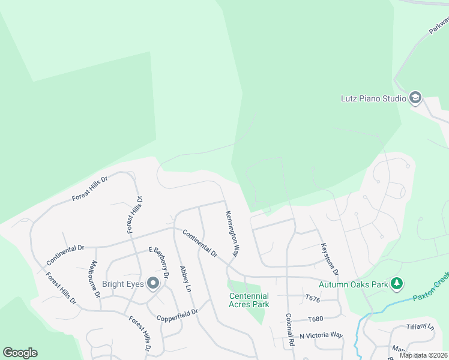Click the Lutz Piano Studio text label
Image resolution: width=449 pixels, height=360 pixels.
point(373,98)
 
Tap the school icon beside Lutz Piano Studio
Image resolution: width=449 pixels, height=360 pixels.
point(415,98)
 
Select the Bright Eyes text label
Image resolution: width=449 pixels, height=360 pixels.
point(122,284)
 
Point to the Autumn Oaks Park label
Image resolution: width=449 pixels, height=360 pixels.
point(353,284)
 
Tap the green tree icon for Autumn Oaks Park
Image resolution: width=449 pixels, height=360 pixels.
point(396,283)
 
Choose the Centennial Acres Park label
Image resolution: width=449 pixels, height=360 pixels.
point(249,300)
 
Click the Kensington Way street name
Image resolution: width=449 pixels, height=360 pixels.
point(232,233)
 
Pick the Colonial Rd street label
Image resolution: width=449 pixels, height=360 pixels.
point(289,329)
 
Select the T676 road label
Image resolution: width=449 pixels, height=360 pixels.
point(313,298)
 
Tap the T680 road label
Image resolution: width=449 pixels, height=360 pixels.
point(316,319)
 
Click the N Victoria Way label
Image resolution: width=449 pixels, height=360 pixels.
point(321,335)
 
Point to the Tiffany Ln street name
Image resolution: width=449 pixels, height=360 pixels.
point(420,327)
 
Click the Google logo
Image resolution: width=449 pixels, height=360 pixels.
point(20,353)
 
